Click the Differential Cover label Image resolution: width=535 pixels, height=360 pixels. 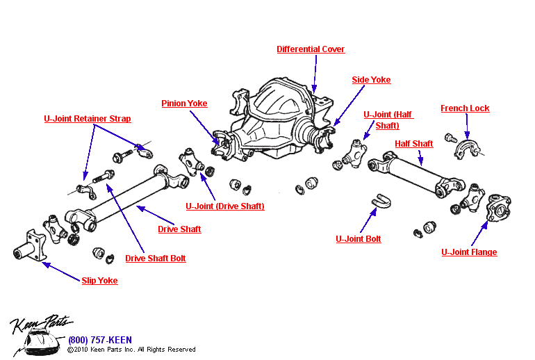click(311, 49)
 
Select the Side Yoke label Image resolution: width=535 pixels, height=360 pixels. click(371, 80)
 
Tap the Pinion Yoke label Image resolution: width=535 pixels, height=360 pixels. click(184, 104)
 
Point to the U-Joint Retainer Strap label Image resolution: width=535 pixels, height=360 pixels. click(87, 119)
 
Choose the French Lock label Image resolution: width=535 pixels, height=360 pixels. click(465, 108)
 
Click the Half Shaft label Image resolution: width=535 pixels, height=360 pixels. click(413, 144)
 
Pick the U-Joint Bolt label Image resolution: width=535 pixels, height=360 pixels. click(358, 239)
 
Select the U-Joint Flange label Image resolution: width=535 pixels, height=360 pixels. click(469, 252)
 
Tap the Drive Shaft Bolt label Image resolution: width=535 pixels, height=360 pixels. click(155, 259)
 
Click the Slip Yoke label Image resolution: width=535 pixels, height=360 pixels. click(99, 281)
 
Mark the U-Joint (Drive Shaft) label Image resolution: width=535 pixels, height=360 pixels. click(224, 206)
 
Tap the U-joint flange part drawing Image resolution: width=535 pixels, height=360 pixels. click(500, 208)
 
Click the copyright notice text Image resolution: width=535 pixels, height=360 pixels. click(131, 350)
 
